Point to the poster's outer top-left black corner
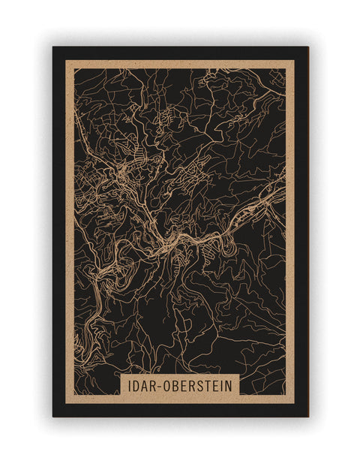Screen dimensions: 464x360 click(53, 47)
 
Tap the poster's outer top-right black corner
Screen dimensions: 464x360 click(307, 47)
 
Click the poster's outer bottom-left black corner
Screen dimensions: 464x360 click(53, 416)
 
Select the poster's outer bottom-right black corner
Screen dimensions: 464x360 click(307, 416)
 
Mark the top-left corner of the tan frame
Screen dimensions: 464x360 click(66, 60)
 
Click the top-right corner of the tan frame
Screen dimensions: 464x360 click(294, 60)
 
